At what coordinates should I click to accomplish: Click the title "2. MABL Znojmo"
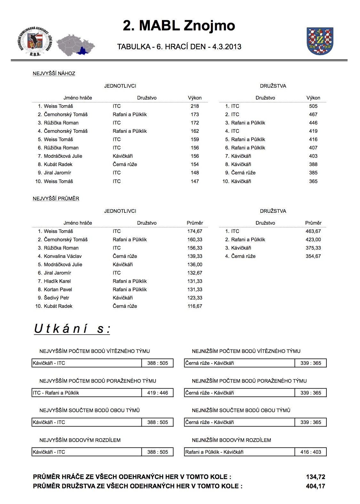pyautogui.click(x=179, y=26)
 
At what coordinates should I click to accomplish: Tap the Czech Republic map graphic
pyautogui.click(x=76, y=44)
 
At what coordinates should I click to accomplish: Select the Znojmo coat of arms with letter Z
pyautogui.click(x=320, y=41)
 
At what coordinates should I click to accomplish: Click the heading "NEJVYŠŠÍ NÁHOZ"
pyautogui.click(x=54, y=74)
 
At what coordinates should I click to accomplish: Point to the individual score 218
pyautogui.click(x=195, y=106)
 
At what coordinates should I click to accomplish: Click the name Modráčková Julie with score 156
pyautogui.click(x=63, y=156)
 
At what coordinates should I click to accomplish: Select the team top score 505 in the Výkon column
pyautogui.click(x=313, y=106)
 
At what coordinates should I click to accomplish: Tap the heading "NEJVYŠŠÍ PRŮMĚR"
pyautogui.click(x=56, y=199)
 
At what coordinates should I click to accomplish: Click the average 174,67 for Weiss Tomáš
pyautogui.click(x=195, y=231)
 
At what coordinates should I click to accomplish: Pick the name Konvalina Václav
pyautogui.click(x=62, y=256)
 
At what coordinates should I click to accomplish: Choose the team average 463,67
pyautogui.click(x=313, y=231)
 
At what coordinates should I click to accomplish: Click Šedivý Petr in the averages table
pyautogui.click(x=56, y=298)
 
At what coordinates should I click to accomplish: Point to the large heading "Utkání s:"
pyautogui.click(x=72, y=329)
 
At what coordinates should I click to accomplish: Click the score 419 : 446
pyautogui.click(x=157, y=393)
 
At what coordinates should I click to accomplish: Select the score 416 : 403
pyautogui.click(x=311, y=452)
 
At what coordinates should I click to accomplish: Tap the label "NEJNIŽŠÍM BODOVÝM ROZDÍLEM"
pyautogui.click(x=231, y=440)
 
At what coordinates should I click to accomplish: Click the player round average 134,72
pyautogui.click(x=316, y=477)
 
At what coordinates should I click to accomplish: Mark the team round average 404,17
pyautogui.click(x=316, y=486)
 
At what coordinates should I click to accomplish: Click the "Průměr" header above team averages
pyautogui.click(x=313, y=223)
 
